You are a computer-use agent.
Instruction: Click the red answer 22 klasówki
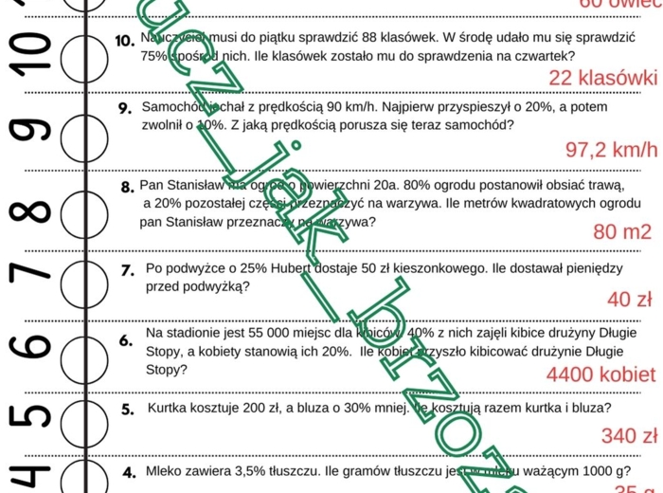tap(602, 78)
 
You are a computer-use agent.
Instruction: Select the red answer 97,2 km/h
tap(610, 150)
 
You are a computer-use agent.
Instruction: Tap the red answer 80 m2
tap(621, 232)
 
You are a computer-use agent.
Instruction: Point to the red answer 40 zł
tap(630, 300)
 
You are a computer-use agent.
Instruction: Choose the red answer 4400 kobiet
tap(601, 372)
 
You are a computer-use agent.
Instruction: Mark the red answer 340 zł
tap(629, 435)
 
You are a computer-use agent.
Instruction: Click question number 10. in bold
tap(123, 42)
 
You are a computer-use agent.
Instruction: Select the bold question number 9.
tap(124, 108)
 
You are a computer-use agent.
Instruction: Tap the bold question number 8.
tap(127, 187)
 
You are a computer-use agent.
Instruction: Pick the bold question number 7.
tap(126, 270)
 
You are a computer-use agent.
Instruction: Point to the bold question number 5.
tap(127, 411)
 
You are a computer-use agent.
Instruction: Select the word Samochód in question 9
tap(170, 107)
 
